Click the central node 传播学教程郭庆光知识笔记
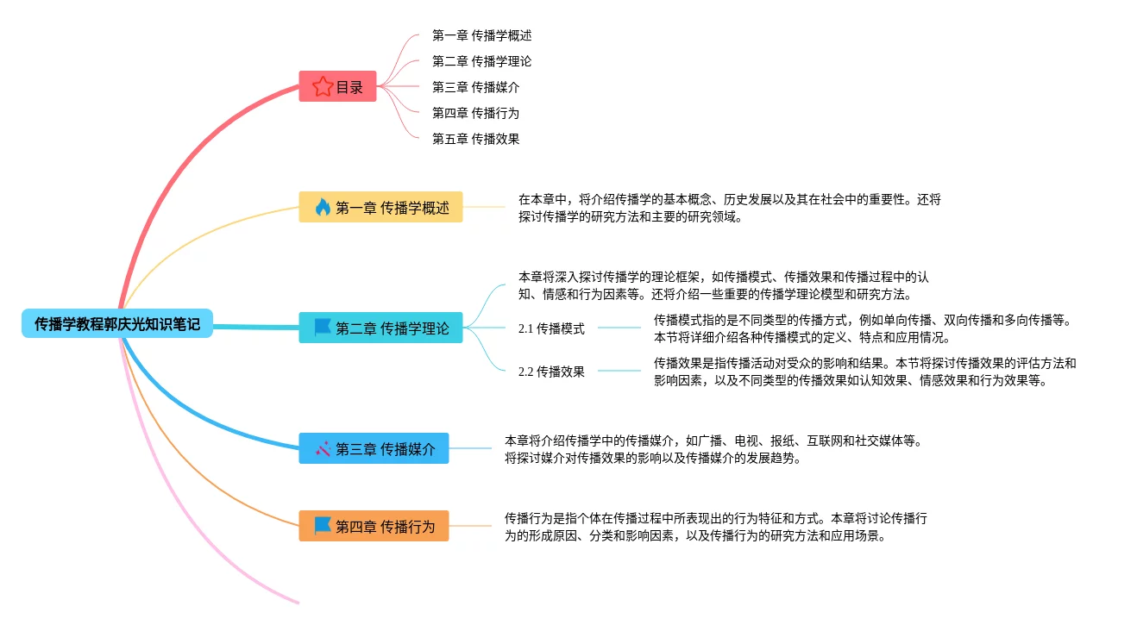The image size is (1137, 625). point(117,324)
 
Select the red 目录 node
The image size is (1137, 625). point(337,86)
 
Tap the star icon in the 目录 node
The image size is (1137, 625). point(323,86)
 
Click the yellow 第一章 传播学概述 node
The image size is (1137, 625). point(380,207)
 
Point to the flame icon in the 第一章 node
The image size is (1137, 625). point(323,207)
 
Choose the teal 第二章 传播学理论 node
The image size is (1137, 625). point(380,328)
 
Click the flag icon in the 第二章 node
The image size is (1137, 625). point(323,328)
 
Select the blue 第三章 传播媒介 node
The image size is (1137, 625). point(374,448)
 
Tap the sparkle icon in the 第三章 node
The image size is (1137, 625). point(323,448)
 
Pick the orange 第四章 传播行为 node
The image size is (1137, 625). point(374,526)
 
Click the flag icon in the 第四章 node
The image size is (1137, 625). point(323,525)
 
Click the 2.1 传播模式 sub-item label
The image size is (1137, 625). point(551,328)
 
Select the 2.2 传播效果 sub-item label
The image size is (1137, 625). point(551,372)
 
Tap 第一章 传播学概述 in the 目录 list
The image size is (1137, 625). point(481,35)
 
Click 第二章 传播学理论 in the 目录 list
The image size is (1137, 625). point(481,61)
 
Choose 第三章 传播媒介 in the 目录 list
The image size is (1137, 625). point(475,87)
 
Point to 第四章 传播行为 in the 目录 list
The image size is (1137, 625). point(475,113)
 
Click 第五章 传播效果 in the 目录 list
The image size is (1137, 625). point(475,139)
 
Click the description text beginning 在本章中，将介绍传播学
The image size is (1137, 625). point(729,208)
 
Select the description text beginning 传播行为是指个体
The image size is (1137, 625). point(715,527)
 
